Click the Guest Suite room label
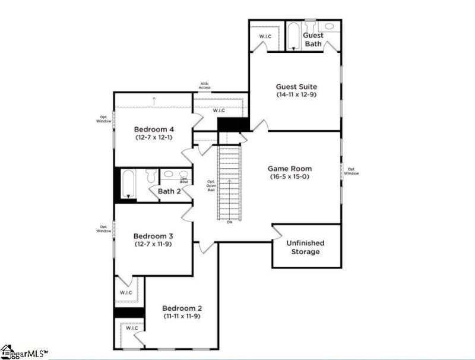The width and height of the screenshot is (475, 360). coord(296,87)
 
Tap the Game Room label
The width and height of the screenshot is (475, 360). coord(290,169)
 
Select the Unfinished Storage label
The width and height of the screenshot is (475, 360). coord(305,247)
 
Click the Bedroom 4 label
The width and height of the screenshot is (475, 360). coord(154,130)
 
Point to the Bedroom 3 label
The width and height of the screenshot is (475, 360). coord(153,236)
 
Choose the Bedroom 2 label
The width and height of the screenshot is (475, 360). coord(182,308)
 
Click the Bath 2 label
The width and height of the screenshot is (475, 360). coord(169,191)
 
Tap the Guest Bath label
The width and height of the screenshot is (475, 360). coord(313,40)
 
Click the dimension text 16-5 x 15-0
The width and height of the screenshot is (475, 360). coord(290,176)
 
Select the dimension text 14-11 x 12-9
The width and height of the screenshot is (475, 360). coord(296,94)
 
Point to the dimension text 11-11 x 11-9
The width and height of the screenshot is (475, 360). coord(182,316)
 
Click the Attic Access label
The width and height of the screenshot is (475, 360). coord(204,86)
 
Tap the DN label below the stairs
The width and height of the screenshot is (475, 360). coord(229,222)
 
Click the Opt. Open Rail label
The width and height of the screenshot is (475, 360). coord(211,186)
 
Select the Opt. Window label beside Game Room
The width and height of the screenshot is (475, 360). coord(351,170)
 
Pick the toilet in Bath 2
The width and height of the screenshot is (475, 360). coord(151,175)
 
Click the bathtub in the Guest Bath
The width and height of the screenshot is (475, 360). coord(294,36)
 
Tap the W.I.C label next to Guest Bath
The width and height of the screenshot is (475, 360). coord(265,37)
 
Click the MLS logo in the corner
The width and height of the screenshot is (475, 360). coord(24,352)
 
